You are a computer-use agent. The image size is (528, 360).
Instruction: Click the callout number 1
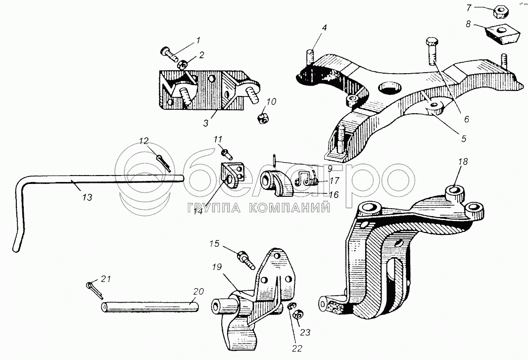point(198,40)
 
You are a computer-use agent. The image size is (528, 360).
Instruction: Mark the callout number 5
point(464,139)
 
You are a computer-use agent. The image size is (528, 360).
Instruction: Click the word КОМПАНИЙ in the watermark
point(290,208)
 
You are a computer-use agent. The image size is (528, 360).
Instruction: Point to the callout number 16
point(334,195)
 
